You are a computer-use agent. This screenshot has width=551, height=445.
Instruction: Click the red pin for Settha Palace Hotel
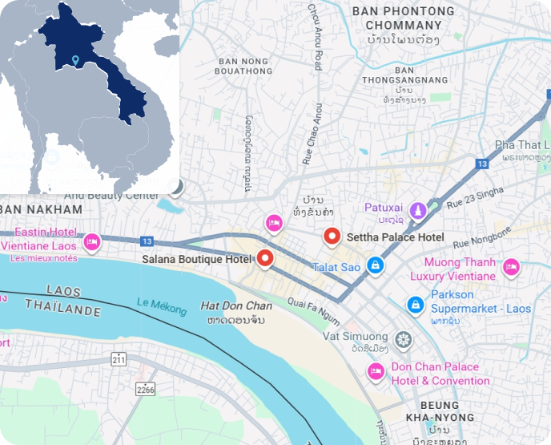pyautogui.click(x=332, y=237)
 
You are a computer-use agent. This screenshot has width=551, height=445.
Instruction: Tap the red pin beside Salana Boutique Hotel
pyautogui.click(x=263, y=258)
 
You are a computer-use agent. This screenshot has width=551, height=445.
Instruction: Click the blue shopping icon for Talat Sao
pyautogui.click(x=374, y=265)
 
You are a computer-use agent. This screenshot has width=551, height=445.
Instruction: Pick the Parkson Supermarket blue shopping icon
pyautogui.click(x=415, y=304)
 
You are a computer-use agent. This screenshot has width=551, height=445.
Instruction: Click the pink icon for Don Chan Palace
pyautogui.click(x=374, y=370)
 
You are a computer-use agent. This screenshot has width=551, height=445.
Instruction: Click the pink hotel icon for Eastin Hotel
pyautogui.click(x=92, y=240)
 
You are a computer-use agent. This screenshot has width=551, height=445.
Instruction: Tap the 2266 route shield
pyautogui.click(x=145, y=389)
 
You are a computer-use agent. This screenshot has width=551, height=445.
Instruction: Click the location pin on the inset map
pyautogui.click(x=74, y=61)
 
